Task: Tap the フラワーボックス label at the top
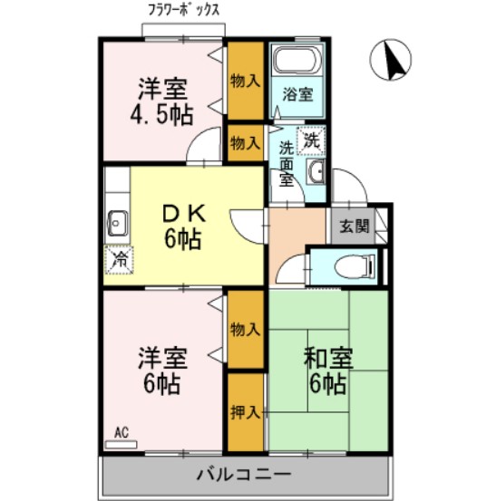point(184,10)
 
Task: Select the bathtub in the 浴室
point(295,63)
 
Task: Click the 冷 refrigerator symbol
point(118,259)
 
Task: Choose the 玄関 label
point(355,226)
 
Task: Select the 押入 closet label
point(244,412)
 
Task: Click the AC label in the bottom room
point(121,433)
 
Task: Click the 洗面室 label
point(286,164)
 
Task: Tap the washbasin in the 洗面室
point(315,171)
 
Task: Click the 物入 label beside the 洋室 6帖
point(244,328)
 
